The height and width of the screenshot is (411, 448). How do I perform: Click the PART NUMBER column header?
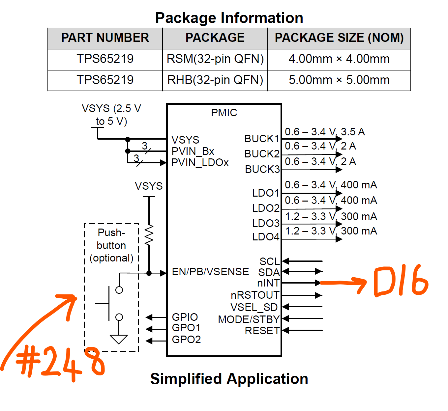pos(105,38)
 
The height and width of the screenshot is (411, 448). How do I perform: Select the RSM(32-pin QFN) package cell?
pos(215,59)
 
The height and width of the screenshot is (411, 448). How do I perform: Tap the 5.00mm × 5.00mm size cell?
pos(339,80)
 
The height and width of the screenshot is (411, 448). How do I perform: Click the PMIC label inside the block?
pos(224,113)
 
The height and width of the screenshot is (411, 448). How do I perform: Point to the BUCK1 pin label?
pos(262,139)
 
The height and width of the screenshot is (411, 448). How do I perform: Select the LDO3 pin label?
pos(266,223)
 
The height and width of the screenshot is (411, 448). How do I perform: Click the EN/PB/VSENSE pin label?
pos(210,272)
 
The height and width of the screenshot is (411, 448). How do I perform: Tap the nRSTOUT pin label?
pos(255,295)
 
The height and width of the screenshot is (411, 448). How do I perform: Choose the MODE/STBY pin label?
pos(249,319)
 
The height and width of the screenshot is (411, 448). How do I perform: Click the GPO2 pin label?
pos(186,340)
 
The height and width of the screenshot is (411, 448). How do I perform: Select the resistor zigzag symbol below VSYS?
pos(149,235)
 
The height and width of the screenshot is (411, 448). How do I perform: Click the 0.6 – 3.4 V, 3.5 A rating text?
pos(325,132)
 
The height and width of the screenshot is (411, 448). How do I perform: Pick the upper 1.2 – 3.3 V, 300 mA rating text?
pos(331,216)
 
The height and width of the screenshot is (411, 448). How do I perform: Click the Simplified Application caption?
pos(229,379)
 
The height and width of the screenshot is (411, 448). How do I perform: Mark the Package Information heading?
pos(229,18)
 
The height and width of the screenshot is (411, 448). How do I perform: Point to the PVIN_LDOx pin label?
pos(200,163)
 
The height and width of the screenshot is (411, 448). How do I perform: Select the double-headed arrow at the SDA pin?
pos(302,271)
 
